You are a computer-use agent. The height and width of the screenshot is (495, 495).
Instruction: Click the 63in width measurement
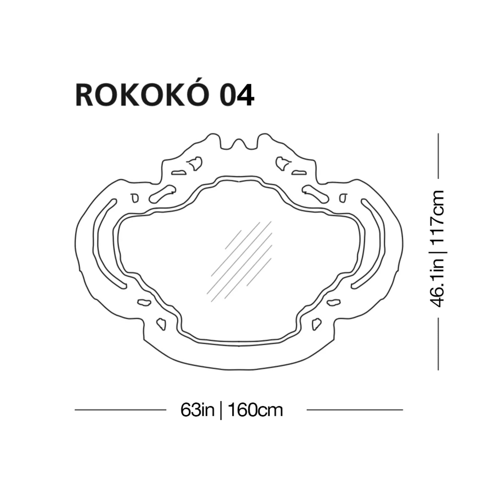197,410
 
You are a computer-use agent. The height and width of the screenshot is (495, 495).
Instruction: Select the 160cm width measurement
255,410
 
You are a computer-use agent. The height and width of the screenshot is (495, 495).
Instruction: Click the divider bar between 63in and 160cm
221,410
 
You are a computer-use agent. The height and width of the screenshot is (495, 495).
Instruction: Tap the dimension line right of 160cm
355,410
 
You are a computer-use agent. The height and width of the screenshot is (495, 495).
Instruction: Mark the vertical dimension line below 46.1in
438,344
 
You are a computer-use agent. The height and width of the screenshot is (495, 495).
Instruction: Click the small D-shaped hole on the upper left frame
135,198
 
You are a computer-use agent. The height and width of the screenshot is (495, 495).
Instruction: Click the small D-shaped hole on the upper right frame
343,198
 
